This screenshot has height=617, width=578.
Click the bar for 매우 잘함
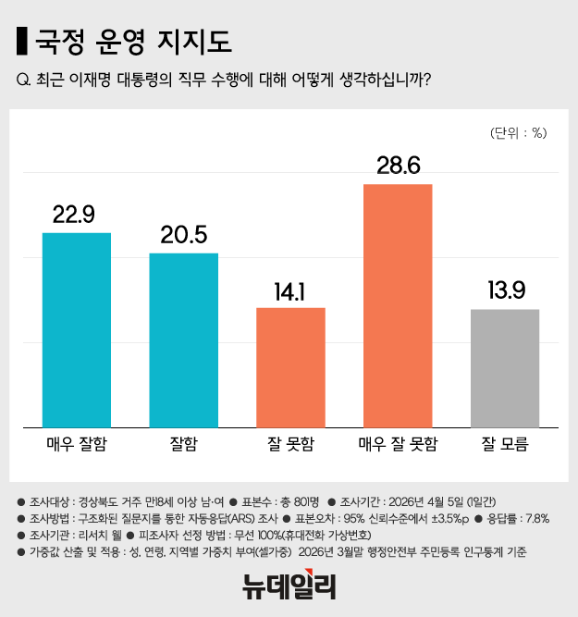77,329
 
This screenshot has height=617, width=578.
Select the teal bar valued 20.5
184,339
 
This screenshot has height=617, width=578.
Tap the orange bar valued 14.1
290,366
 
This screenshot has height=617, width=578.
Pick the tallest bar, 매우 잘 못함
398,305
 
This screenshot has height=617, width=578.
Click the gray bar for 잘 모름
505,367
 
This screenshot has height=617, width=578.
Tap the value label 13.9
505,290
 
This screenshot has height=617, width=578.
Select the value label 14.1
290,290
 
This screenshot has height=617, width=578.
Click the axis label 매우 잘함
77,444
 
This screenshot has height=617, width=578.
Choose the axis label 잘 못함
290,444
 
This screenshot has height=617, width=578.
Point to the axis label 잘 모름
505,444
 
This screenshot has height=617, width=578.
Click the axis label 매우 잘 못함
398,444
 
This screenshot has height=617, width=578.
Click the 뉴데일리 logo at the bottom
289,585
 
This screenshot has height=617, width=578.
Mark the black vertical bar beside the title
21,42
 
